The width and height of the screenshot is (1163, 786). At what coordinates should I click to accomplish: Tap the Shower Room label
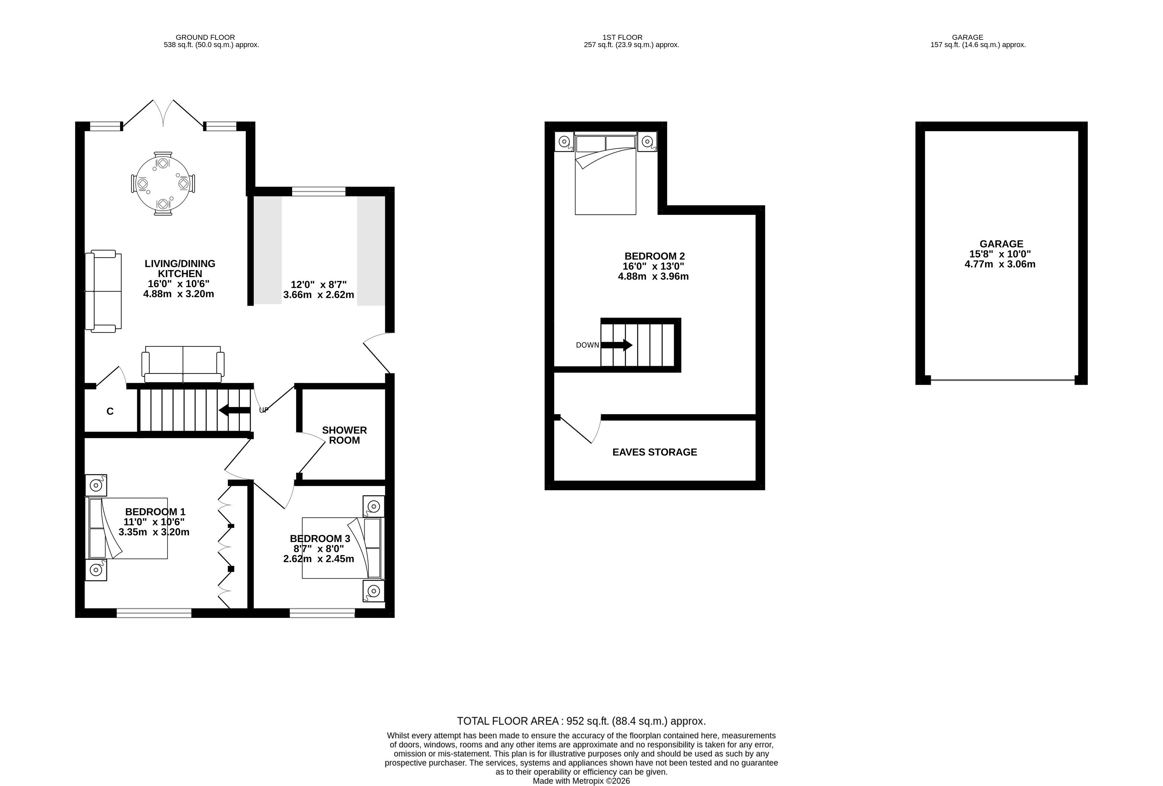(344, 435)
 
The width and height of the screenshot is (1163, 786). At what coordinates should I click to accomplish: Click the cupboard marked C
(110, 411)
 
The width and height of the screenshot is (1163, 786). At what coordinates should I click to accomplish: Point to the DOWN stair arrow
(616, 345)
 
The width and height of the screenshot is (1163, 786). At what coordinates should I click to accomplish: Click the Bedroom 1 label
(155, 512)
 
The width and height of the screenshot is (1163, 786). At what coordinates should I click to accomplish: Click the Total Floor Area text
(581, 721)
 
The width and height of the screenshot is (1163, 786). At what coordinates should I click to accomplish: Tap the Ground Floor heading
(205, 37)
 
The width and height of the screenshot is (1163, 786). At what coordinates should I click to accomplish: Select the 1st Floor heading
(622, 37)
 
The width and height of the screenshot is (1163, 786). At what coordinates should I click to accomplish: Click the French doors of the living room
(163, 113)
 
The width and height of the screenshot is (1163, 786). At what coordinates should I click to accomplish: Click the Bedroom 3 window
(322, 613)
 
